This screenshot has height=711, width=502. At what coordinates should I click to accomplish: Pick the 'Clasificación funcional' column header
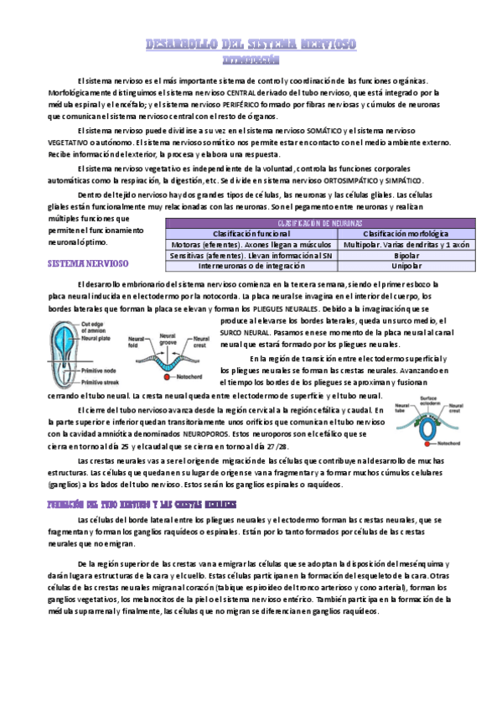coord(249,233)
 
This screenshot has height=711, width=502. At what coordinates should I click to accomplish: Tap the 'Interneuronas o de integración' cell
coord(249,266)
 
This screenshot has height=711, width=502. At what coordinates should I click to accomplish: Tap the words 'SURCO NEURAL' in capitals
coord(242,333)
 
